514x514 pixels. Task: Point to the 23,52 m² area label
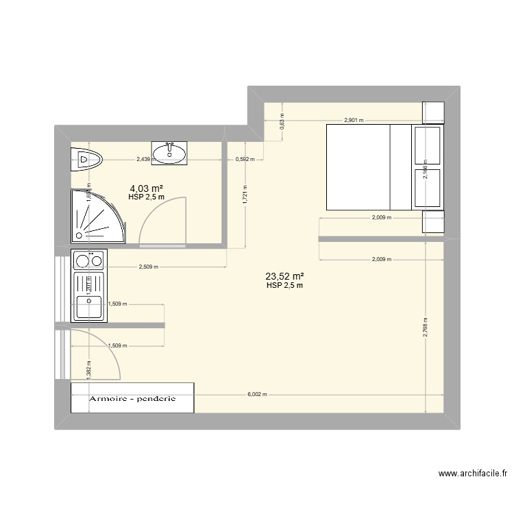(x=284, y=277)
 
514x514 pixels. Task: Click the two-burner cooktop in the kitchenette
(x=88, y=260)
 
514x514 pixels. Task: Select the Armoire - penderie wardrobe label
(x=132, y=398)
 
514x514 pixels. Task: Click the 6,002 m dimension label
(x=256, y=395)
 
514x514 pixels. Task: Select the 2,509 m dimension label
(x=149, y=267)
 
